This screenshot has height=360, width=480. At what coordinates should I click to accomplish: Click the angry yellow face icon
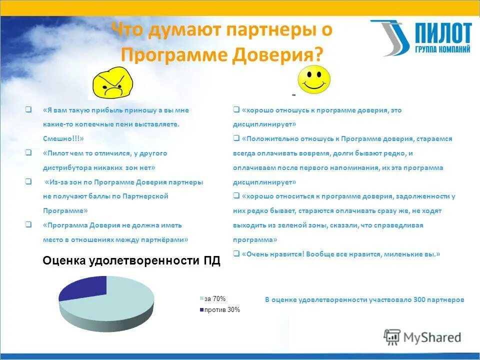[x=114, y=82]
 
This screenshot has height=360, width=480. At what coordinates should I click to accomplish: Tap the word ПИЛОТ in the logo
[x=442, y=34]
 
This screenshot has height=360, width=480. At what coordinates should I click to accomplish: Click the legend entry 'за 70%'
[x=215, y=299]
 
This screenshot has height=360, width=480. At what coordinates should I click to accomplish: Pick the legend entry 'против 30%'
[x=222, y=310]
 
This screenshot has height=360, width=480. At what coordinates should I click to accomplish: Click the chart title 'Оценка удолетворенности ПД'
[x=131, y=261]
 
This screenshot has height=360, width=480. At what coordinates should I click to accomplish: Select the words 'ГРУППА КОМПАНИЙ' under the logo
[x=442, y=49]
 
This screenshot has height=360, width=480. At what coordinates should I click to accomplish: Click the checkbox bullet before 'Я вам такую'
[x=28, y=109]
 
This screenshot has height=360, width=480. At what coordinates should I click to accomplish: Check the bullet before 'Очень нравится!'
[x=236, y=254]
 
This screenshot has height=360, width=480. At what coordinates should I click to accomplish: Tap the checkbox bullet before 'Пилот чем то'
[x=28, y=153]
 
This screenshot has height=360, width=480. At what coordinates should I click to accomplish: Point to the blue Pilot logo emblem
[x=390, y=37]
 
